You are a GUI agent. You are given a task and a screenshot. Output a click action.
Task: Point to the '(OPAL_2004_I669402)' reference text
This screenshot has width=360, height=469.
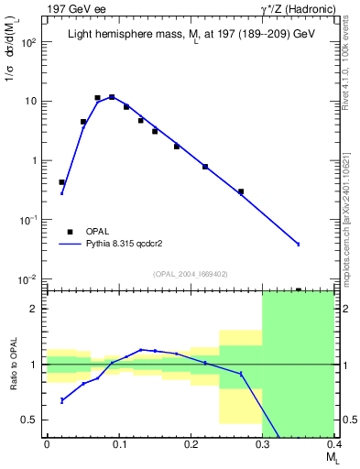coord(191,274)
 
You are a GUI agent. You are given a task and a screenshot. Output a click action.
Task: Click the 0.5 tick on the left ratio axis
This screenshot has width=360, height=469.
coord(32,420)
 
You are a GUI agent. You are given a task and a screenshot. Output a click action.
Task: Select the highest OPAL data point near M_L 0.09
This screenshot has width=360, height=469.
coord(112,96)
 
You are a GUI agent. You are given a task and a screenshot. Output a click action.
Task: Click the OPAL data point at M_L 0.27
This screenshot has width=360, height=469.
coord(241,191)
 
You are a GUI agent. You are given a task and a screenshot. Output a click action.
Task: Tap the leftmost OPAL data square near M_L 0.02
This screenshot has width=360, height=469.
coord(61,182)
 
